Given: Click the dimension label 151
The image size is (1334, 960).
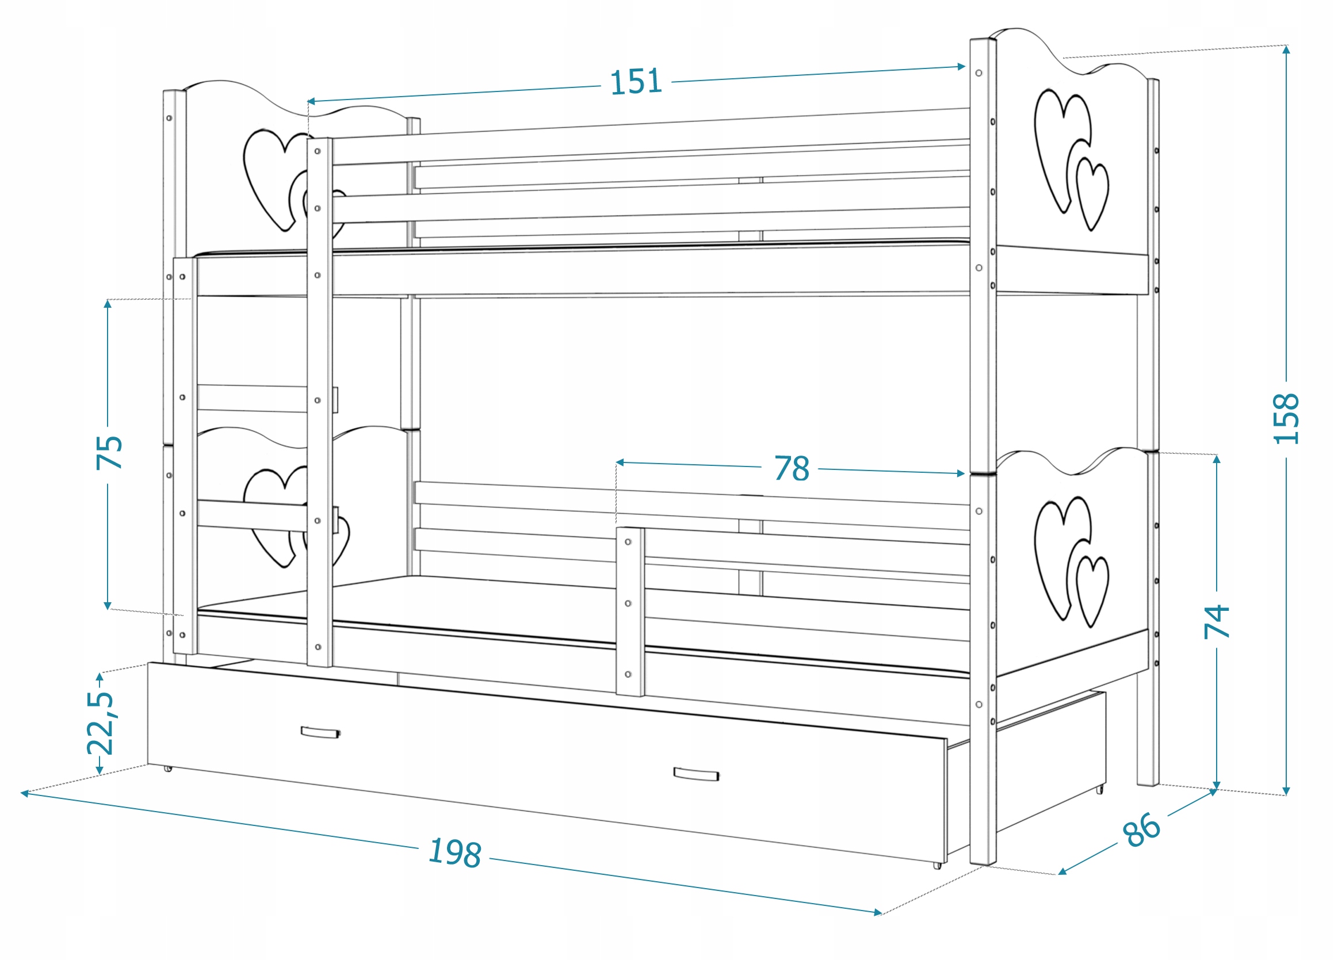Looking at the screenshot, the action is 636,82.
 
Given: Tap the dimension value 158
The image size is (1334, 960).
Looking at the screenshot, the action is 1286,418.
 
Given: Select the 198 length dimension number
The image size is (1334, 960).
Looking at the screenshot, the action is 455,852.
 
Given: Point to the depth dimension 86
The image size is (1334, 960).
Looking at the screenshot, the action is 1141,829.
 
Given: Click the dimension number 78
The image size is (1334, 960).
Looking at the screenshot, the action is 791,468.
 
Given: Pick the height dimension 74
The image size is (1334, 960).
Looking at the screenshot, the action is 1217,622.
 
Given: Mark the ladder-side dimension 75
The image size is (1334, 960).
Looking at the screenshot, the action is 109,452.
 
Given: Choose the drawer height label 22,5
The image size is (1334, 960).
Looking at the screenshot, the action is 100,722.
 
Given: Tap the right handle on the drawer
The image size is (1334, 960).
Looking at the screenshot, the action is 696,774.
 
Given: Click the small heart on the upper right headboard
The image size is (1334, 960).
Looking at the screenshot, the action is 1092,193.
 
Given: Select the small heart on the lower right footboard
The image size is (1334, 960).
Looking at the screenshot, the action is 1092,592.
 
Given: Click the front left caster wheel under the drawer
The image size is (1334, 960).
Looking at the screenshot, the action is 168,768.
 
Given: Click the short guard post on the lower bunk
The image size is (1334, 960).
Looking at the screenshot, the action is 630,612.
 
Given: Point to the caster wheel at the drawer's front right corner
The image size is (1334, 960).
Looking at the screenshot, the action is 937,865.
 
